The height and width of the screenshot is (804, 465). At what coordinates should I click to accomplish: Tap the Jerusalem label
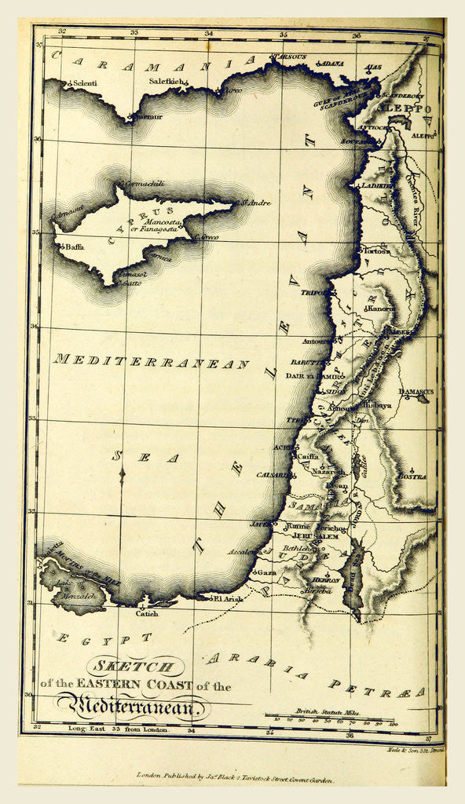click(x=317, y=535)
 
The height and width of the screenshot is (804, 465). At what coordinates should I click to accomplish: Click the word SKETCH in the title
click(x=133, y=667)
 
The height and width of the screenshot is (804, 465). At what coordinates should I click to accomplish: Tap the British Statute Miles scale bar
click(x=330, y=715)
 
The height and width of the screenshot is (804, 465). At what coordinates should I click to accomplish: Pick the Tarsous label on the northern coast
click(x=287, y=57)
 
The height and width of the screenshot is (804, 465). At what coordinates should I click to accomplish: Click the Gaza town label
click(x=266, y=573)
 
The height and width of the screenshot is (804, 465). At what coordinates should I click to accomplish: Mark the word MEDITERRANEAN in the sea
click(x=152, y=363)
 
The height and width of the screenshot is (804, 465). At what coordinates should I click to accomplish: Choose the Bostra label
click(x=412, y=476)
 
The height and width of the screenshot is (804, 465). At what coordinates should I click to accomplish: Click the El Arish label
click(x=227, y=598)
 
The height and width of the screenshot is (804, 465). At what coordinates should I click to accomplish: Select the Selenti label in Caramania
click(x=84, y=82)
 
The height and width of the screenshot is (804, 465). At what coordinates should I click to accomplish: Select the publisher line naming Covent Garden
click(x=236, y=781)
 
